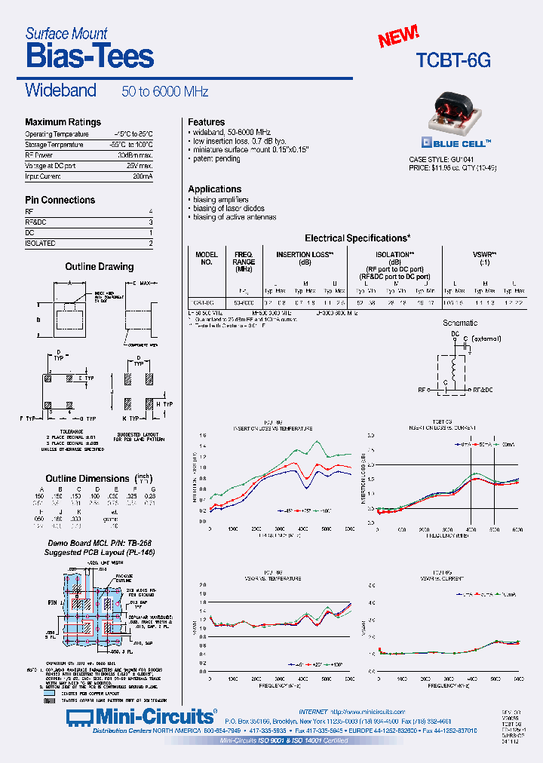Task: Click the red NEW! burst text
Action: coord(397,35)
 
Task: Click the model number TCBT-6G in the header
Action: coord(453,61)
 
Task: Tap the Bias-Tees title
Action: coord(89,57)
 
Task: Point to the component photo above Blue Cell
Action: coord(455,109)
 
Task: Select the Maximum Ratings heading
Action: coord(63,122)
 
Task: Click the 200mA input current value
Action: coord(143,176)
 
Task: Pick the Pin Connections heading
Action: coord(60,200)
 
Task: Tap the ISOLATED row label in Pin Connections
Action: coord(40,244)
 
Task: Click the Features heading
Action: coord(206,122)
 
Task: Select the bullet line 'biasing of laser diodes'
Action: coord(229,208)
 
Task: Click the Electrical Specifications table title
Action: coord(357,238)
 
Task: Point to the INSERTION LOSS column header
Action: coord(305,255)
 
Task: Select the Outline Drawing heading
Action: coord(99,267)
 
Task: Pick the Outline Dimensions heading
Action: coord(87,479)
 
